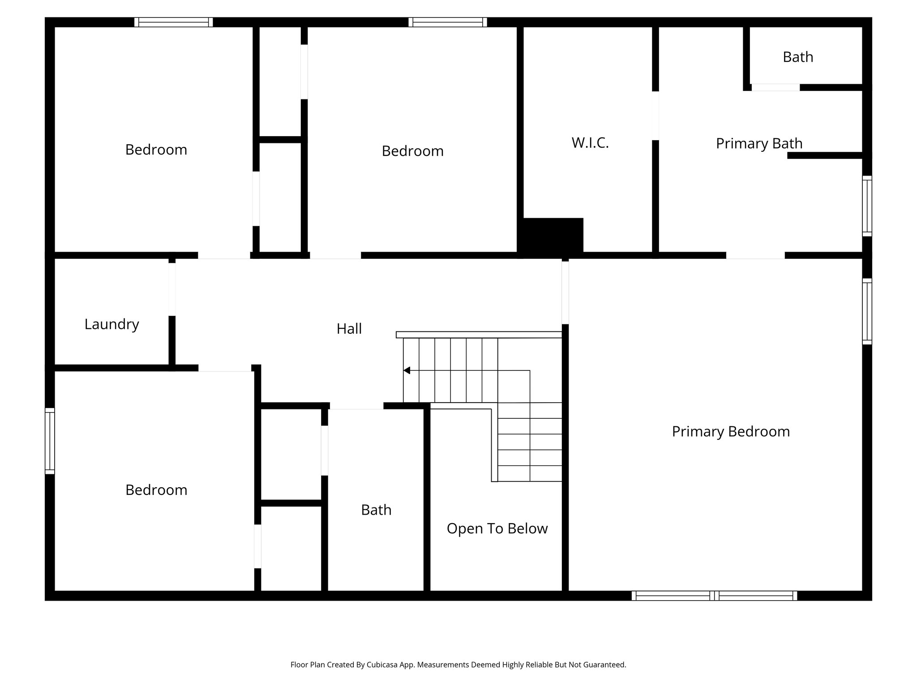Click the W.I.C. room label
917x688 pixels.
[590, 143]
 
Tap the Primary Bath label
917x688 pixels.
[759, 143]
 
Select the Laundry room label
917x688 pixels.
[111, 324]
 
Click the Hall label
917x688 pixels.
[349, 329]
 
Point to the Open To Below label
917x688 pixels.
[497, 529]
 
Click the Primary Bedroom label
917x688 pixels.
[731, 431]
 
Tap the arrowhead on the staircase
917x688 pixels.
[407, 370]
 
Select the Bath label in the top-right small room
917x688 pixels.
[798, 57]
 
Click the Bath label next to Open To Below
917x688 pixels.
[376, 510]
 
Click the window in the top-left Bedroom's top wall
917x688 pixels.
[173, 22]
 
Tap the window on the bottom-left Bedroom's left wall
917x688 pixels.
[50, 441]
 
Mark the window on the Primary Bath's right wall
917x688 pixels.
[867, 206]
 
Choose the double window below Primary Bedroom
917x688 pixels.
[714, 596]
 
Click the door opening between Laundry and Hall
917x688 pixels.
[172, 289]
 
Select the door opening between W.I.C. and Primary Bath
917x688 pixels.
[655, 116]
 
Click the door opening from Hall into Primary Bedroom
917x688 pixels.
[565, 292]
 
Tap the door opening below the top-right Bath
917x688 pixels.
[775, 87]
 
